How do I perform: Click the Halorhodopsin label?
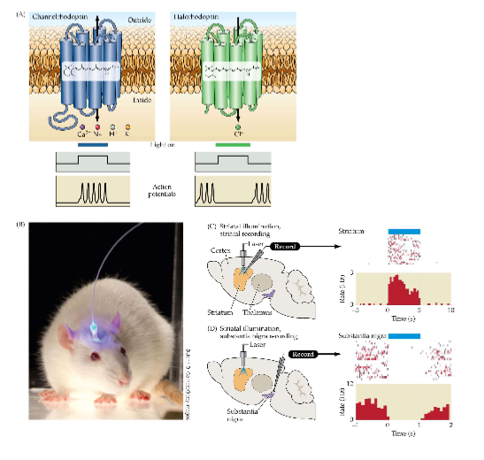click(x=196, y=17)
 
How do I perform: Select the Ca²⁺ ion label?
click(x=81, y=135)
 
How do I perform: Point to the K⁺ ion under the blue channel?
click(x=125, y=135)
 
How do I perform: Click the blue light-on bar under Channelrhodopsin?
click(x=93, y=143)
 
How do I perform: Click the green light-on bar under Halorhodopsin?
click(x=229, y=143)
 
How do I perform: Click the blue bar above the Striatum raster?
click(x=404, y=231)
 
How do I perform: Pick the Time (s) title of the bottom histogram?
click(x=404, y=433)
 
